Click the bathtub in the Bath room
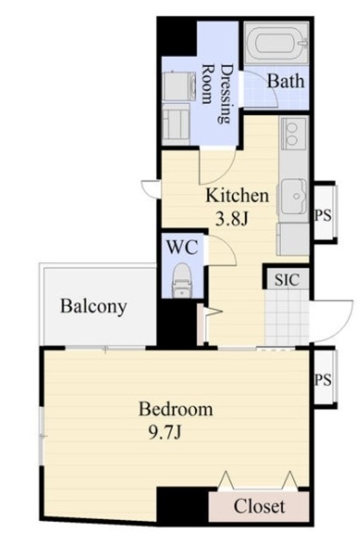277,43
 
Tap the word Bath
286,81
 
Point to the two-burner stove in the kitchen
293,133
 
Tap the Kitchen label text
237,195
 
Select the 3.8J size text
232,219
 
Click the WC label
182,247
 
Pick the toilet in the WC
181,281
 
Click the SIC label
287,280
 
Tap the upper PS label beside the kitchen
323,215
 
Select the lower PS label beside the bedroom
323,380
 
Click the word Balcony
94,306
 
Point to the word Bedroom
175,409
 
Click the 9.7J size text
165,432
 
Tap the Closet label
259,506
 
